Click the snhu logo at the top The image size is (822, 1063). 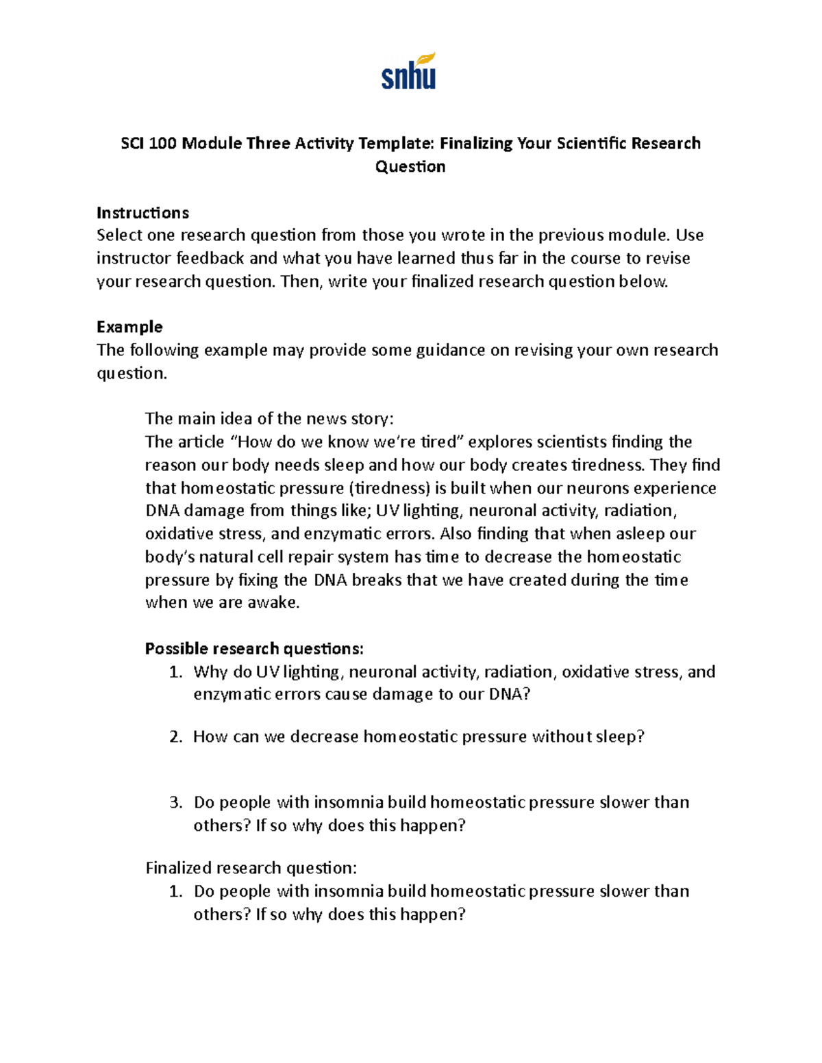[x=409, y=72]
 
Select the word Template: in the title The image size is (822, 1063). [x=396, y=143]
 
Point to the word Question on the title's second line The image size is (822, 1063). [x=410, y=166]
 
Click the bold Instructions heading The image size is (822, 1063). [x=142, y=212]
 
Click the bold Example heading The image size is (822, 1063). [x=129, y=326]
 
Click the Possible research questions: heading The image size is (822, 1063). [x=254, y=648]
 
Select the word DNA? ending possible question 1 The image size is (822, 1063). [x=509, y=694]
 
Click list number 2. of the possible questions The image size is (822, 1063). [x=175, y=737]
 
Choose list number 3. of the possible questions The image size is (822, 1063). [x=175, y=802]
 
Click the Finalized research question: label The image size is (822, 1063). [x=251, y=868]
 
